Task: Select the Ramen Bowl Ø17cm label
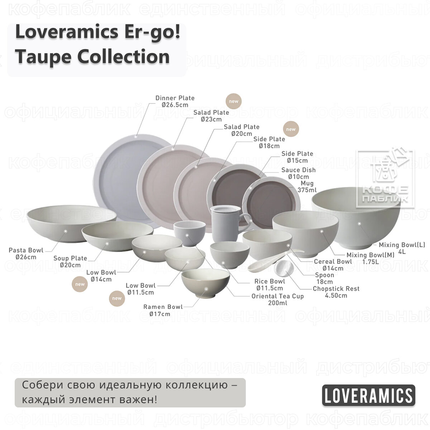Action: pyautogui.click(x=163, y=310)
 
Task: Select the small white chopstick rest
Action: pyautogui.click(x=285, y=269)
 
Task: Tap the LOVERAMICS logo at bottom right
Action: pyautogui.click(x=368, y=396)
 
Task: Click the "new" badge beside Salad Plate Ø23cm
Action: pyautogui.click(x=233, y=101)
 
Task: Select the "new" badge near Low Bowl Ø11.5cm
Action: pyautogui.click(x=117, y=298)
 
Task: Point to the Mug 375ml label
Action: pyautogui.click(x=307, y=187)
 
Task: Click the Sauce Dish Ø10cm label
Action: pyautogui.click(x=298, y=173)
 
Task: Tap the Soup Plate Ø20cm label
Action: pyautogui.click(x=70, y=262)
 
